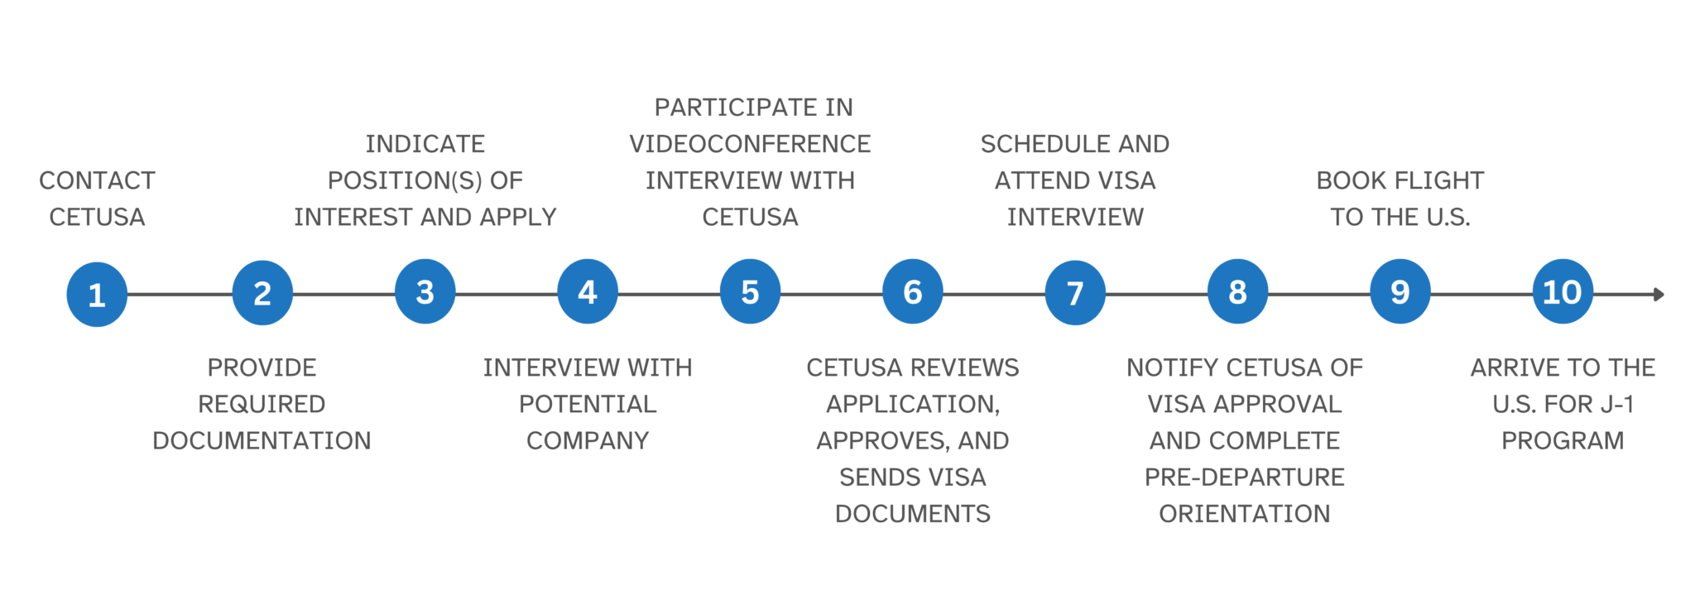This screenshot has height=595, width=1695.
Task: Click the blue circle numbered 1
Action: tap(97, 294)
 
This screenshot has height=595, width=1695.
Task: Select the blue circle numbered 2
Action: tap(262, 292)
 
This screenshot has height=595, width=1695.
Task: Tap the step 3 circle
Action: tap(425, 291)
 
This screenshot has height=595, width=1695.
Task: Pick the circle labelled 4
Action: tap(588, 291)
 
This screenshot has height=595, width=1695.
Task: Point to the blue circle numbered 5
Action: tap(750, 291)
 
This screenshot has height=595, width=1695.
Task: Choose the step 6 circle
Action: tap(912, 291)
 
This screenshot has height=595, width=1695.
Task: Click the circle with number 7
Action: tap(1075, 292)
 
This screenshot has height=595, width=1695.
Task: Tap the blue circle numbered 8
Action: tap(1237, 291)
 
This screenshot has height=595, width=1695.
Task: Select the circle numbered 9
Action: tap(1400, 291)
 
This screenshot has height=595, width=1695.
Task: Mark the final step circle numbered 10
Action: tap(1562, 291)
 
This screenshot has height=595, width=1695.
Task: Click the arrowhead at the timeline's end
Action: tap(1658, 294)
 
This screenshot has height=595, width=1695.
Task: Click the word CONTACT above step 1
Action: tap(97, 180)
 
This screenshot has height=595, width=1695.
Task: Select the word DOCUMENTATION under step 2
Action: tap(262, 440)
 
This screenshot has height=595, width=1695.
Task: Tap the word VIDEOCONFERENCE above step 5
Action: tap(750, 144)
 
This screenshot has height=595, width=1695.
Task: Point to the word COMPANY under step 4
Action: tap(588, 440)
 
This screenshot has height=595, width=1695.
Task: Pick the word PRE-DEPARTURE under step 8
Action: tap(1244, 477)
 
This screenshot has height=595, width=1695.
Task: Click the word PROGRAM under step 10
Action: tap(1563, 440)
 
